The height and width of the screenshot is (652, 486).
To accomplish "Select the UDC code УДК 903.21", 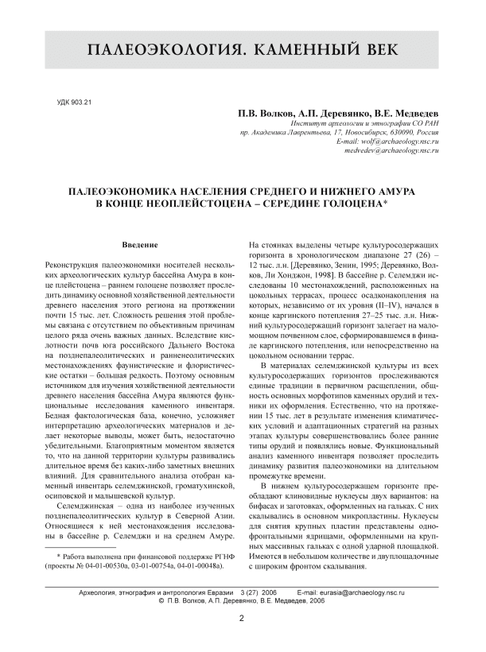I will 76,103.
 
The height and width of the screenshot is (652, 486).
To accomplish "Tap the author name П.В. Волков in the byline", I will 261,114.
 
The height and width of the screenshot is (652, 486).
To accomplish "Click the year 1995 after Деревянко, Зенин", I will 361,263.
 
